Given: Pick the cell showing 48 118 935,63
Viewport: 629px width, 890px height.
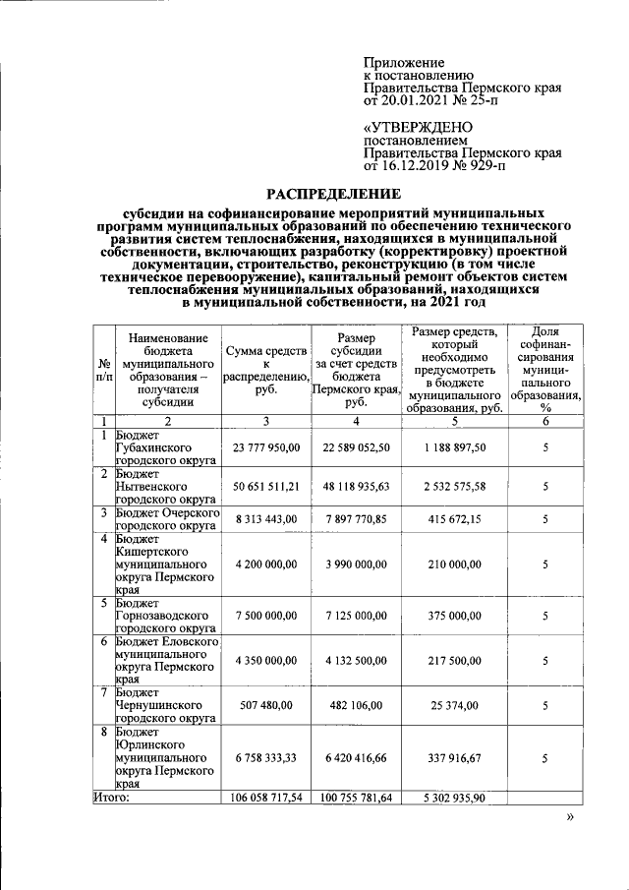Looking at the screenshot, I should pos(356,486).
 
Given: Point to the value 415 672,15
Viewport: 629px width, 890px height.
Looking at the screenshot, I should pos(448,518).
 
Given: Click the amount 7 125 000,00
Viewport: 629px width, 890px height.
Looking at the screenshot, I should pos(356,616).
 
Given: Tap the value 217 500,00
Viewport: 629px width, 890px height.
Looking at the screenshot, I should pos(448,661).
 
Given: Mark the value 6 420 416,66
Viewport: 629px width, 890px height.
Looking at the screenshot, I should pos(356,758).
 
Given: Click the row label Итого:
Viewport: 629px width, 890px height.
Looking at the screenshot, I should pos(112,798).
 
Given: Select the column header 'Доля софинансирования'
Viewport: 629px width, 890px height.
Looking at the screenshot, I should pos(545,370).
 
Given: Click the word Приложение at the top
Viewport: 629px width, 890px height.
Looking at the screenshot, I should pos(404,62).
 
